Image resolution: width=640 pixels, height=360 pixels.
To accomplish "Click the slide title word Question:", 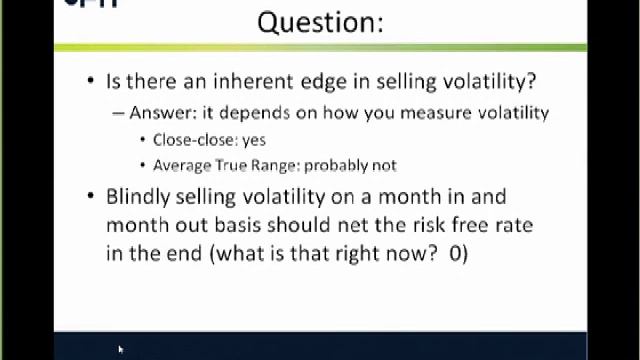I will (x=320, y=22).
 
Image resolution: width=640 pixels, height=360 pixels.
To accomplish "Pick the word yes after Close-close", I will (x=254, y=140).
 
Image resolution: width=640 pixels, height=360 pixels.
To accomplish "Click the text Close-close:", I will (x=195, y=140).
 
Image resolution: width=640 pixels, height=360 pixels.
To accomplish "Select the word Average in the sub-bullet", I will (x=181, y=165).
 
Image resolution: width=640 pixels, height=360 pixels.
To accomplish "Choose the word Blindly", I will (x=139, y=196).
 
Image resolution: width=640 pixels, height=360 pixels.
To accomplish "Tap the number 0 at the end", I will (x=456, y=253).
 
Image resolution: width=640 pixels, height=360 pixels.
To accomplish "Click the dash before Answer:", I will (x=119, y=113).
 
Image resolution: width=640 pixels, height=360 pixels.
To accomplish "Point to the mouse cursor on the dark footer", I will (x=120, y=349).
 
